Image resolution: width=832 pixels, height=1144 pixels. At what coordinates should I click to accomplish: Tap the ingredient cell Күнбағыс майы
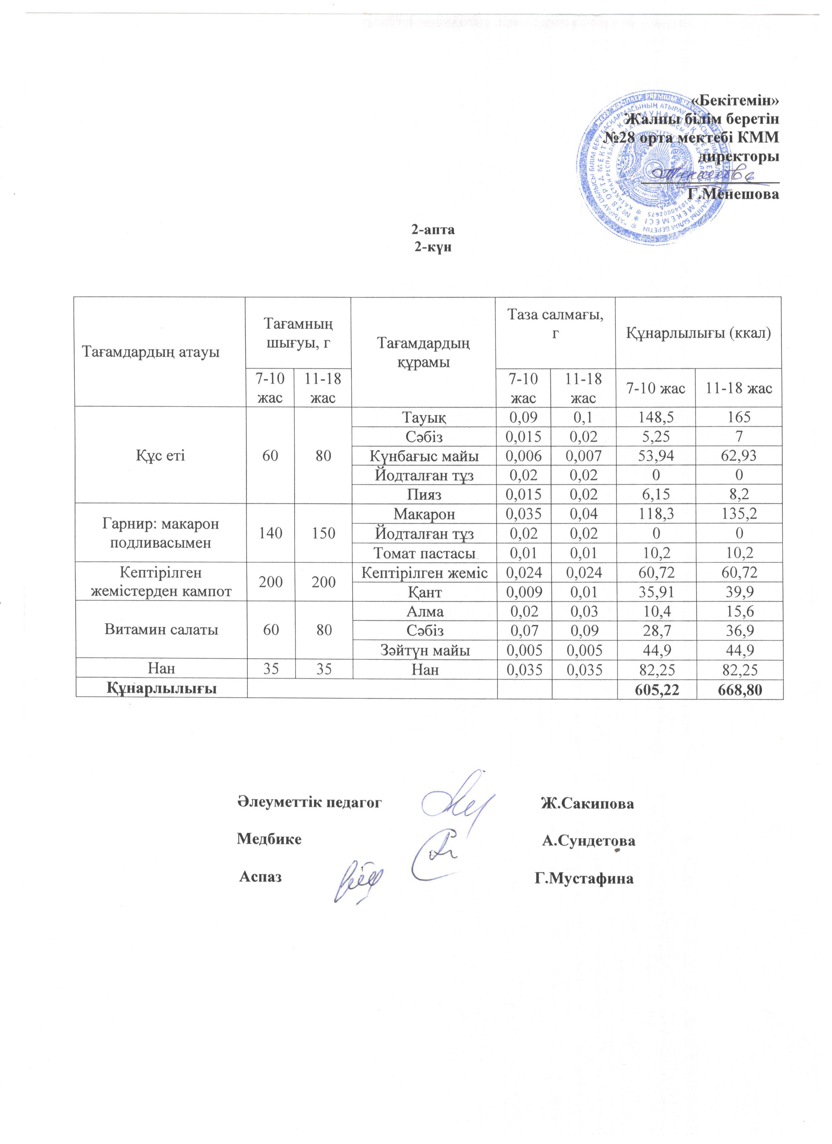(424, 456)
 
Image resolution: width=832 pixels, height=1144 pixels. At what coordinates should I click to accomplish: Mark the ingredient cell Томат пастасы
(424, 553)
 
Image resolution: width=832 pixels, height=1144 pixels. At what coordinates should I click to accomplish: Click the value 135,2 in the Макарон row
(739, 514)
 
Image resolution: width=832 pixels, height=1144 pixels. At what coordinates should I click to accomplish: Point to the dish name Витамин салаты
(161, 631)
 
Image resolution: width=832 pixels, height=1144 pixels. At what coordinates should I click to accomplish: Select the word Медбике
(270, 839)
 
